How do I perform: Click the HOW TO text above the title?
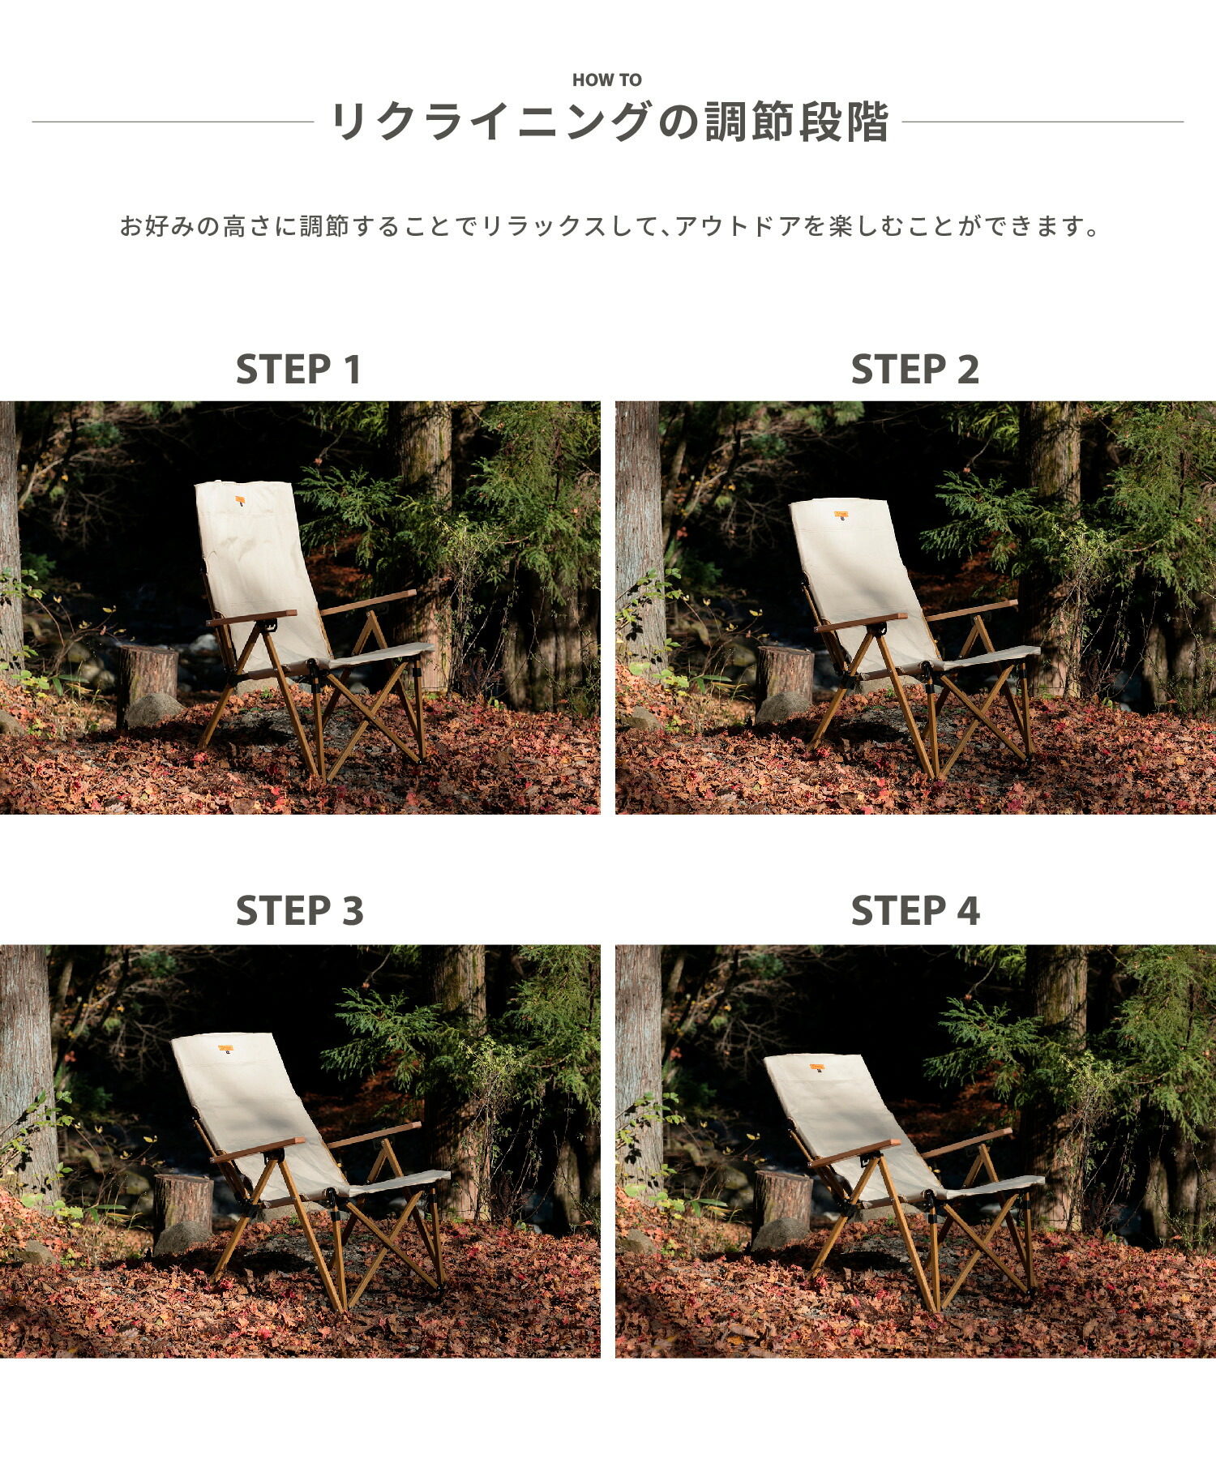pos(606,79)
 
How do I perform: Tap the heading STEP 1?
pos(298,370)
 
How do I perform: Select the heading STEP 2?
pos(914,370)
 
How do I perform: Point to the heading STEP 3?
pos(299,911)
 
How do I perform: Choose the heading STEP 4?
pos(914,911)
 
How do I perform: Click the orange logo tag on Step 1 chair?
pos(241,500)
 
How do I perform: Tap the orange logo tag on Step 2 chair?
pos(841,514)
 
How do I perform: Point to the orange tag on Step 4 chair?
pos(817,1068)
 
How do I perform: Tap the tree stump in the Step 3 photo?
pos(182,1201)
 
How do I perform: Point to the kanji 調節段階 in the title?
pos(796,122)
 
